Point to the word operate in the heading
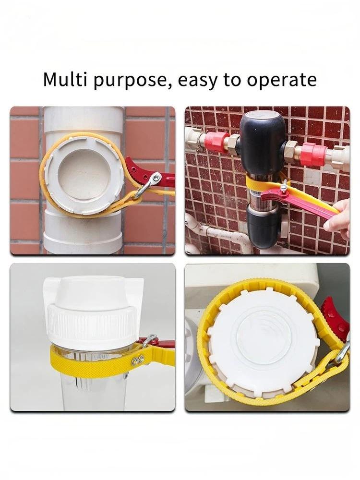tap(282, 81)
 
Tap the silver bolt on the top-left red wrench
tap(157, 177)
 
